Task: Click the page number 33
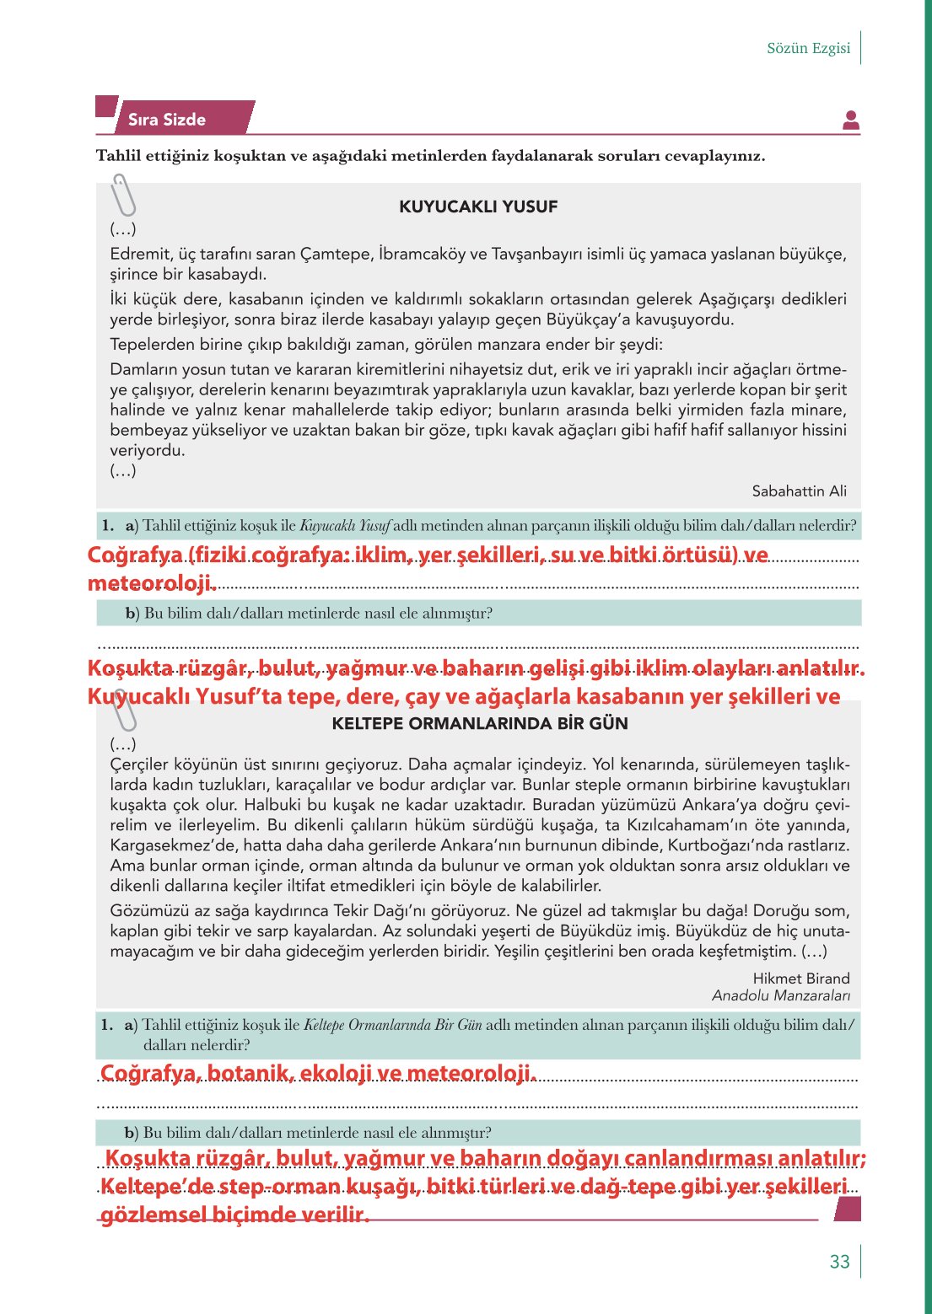(839, 1261)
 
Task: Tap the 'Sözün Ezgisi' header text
(808, 48)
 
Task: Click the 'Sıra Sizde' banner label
(167, 120)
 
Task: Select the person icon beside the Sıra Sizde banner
(851, 121)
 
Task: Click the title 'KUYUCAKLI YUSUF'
(478, 206)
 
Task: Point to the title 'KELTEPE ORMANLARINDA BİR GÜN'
(480, 723)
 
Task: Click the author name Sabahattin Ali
(799, 491)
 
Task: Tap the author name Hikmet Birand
(800, 978)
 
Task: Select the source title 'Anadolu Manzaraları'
(780, 995)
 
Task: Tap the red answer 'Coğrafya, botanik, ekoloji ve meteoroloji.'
(318, 1073)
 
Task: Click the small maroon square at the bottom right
(847, 1209)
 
